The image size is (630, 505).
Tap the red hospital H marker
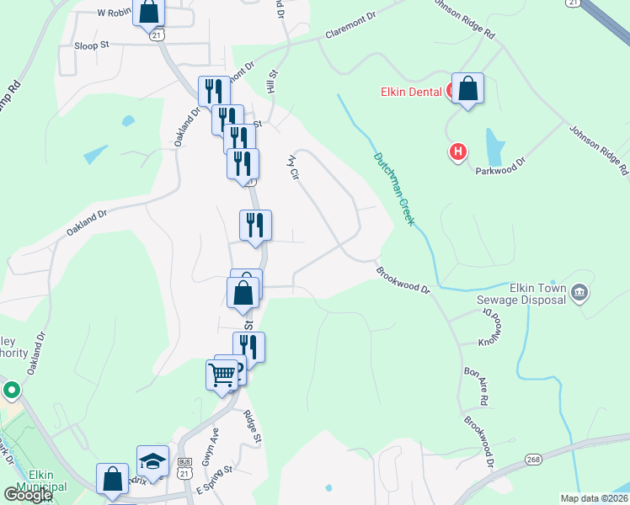click(x=457, y=152)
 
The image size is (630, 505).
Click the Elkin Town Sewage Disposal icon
click(x=579, y=293)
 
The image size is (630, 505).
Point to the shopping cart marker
click(x=222, y=374)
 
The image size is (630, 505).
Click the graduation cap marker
click(x=153, y=460)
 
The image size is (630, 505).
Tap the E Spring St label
click(x=213, y=482)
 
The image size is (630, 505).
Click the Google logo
click(x=28, y=495)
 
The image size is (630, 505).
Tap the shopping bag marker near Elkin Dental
click(x=467, y=89)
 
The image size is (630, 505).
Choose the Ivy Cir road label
click(x=294, y=166)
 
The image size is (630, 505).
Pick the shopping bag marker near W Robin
click(x=149, y=13)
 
